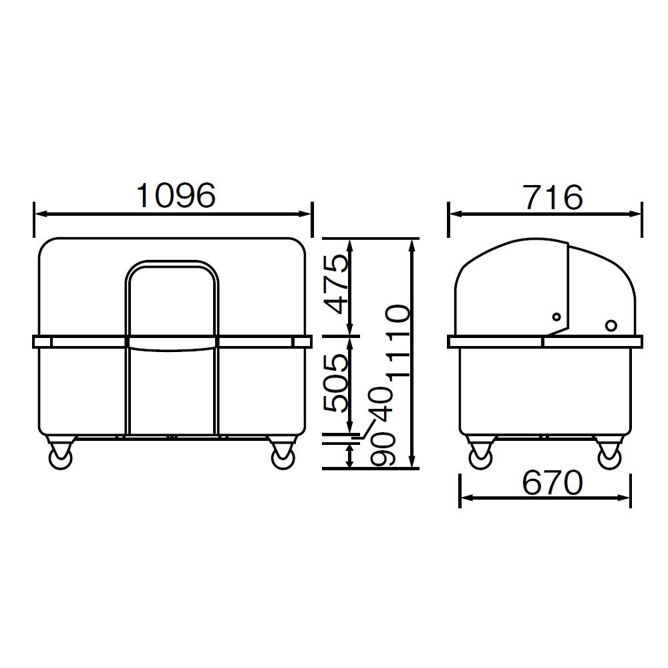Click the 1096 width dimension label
[x=176, y=196]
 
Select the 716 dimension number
[x=552, y=197]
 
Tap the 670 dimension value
[x=552, y=482]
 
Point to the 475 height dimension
[x=336, y=284]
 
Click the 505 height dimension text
[x=336, y=383]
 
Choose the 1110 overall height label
[x=397, y=341]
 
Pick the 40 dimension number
[x=381, y=404]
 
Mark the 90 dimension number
[x=383, y=449]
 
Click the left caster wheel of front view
[x=60, y=458]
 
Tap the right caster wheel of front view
[x=283, y=458]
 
